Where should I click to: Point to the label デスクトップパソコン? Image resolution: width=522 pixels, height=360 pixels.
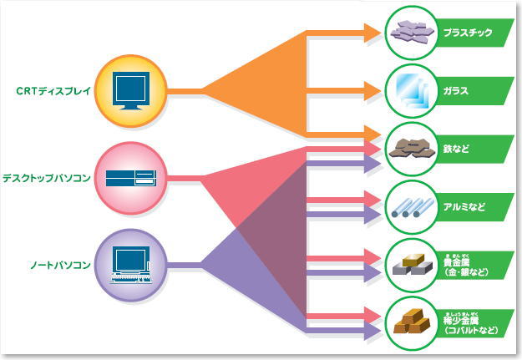(x=48, y=178)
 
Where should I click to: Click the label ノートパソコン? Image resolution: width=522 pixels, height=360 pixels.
(x=56, y=265)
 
